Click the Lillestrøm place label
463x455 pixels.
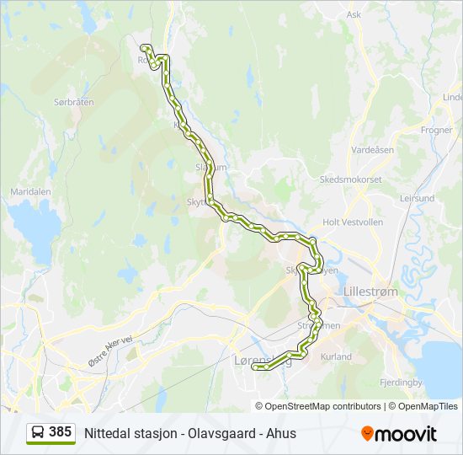[370, 292]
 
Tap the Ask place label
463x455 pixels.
[354, 14]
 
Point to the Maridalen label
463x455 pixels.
[30, 192]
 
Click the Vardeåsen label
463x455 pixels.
[373, 149]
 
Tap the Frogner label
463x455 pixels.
[437, 131]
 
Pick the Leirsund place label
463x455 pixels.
[418, 199]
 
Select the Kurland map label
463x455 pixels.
[336, 357]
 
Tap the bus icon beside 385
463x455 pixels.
[37, 433]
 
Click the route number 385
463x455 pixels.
[60, 432]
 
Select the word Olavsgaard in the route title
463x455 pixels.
[221, 434]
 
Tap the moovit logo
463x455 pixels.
[399, 434]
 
